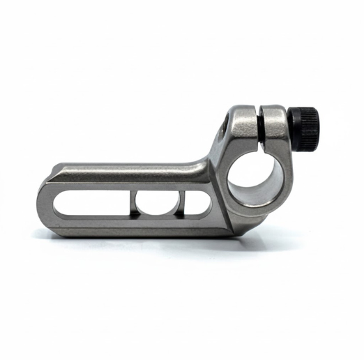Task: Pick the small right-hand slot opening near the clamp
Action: point(197,202)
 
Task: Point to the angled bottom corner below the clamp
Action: point(241,227)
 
